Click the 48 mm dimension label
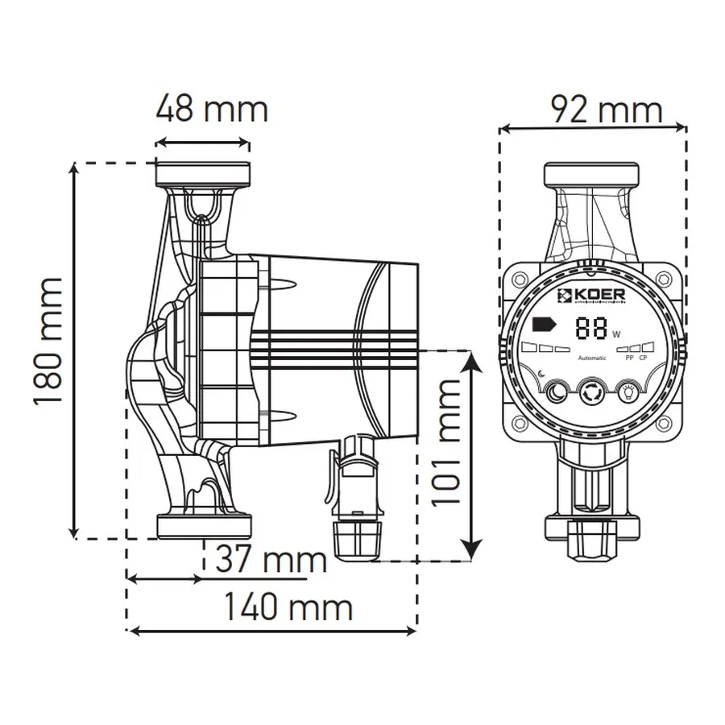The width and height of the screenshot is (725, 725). pos(211,109)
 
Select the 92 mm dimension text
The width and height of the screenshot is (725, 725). pos(606,109)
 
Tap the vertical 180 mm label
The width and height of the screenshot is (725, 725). pos(50,342)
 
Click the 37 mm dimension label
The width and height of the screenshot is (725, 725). pos(271,558)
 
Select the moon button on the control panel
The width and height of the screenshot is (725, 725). pos(556,393)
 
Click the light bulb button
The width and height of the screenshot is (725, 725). pos(627,393)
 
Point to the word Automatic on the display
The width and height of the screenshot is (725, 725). pos(591,358)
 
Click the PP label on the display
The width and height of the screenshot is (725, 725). pos(629,358)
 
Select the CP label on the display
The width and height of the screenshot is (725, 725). pos(643,358)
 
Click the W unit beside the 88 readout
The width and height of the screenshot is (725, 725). pos(616,333)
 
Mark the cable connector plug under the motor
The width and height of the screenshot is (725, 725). pos(355,499)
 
